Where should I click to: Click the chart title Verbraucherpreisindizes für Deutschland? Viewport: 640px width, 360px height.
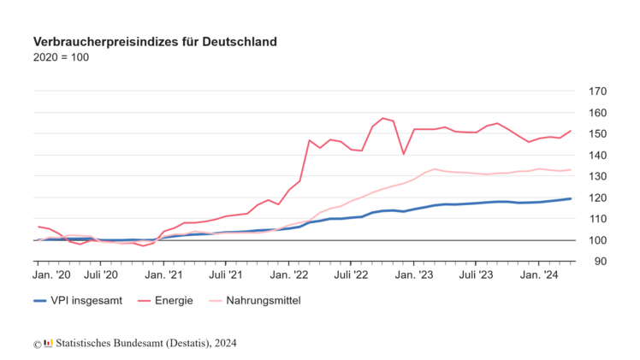(155, 41)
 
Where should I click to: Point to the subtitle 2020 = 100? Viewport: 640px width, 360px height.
(61, 57)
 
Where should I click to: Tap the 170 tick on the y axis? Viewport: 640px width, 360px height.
(598, 91)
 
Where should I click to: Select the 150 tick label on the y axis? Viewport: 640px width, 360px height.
(598, 134)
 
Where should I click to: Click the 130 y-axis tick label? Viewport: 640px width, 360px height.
(598, 176)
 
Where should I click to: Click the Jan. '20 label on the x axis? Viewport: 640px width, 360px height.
(51, 275)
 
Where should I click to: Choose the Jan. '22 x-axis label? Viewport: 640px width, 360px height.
(289, 275)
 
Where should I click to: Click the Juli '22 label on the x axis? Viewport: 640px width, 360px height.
(351, 275)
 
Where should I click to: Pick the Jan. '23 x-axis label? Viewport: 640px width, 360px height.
(415, 275)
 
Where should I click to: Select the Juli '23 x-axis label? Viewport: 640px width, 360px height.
(477, 275)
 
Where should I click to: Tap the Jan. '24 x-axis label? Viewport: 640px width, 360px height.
(541, 275)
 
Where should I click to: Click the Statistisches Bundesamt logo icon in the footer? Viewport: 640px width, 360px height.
(48, 344)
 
